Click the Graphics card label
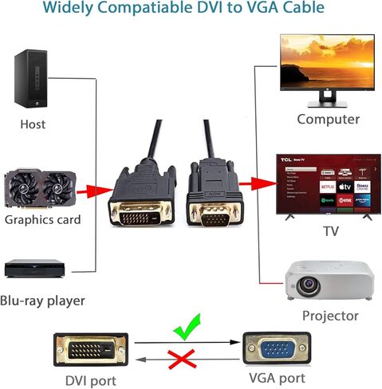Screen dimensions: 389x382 (x=41, y=219)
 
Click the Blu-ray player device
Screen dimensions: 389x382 (x=34, y=269)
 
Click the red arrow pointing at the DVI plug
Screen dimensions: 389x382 (x=96, y=191)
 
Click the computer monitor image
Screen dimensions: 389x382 (x=326, y=64)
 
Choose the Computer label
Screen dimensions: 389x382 (x=328, y=119)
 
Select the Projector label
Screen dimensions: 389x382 (x=330, y=316)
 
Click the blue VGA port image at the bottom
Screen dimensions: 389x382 (x=278, y=350)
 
